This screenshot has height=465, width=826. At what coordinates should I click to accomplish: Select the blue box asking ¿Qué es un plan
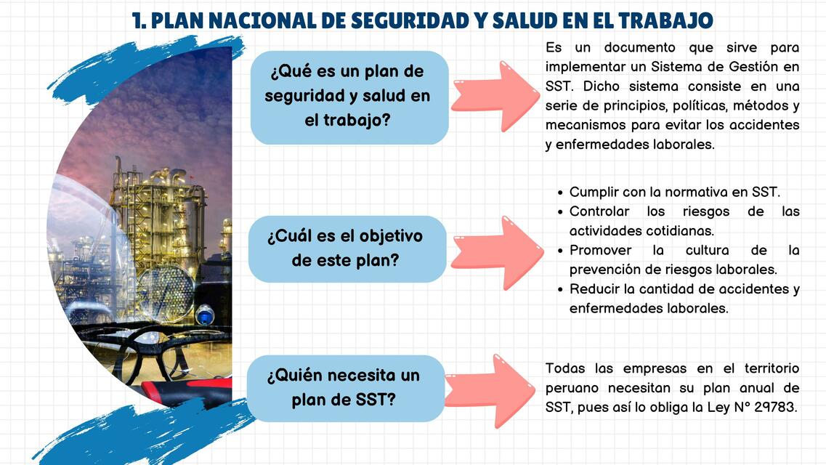tap(349, 97)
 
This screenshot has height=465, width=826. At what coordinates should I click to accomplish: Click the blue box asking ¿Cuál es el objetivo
tap(346, 248)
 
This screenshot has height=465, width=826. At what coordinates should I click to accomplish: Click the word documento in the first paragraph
tap(639, 48)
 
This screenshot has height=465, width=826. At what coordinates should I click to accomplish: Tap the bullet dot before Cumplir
tap(561, 193)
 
